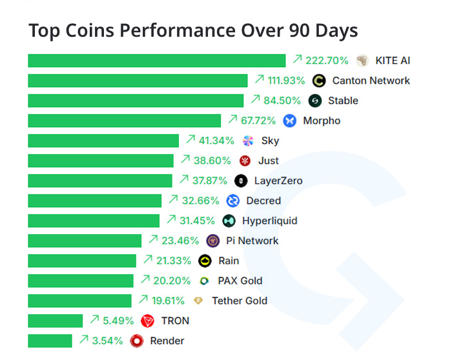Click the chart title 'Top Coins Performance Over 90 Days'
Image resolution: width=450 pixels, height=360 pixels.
pyautogui.click(x=193, y=31)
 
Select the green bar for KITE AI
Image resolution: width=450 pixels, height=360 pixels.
pyautogui.click(x=156, y=61)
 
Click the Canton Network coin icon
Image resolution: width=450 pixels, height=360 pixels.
pyautogui.click(x=318, y=81)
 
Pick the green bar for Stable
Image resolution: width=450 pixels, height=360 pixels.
pyautogui.click(x=136, y=101)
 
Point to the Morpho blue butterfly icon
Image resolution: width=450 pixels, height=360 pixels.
pyautogui.click(x=290, y=121)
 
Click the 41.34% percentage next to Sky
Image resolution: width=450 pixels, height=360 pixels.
pyautogui.click(x=216, y=141)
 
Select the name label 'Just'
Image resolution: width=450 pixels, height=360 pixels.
pyautogui.click(x=269, y=161)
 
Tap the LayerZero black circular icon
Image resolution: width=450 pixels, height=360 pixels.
pyautogui.click(x=241, y=181)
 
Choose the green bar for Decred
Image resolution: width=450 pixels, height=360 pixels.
pyautogui.click(x=94, y=201)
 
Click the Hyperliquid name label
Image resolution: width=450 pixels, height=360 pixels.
pyautogui.click(x=269, y=221)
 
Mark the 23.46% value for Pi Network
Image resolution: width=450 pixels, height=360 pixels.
pyautogui.click(x=180, y=241)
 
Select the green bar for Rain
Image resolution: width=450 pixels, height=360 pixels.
pyautogui.click(x=82, y=261)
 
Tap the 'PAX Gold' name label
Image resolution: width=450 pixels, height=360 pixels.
pyautogui.click(x=240, y=281)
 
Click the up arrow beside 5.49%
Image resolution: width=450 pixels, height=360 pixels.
pyautogui.click(x=94, y=320)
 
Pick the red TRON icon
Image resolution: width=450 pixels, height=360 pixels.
pyautogui.click(x=148, y=321)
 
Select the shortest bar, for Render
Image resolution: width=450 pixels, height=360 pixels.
pyautogui.click(x=50, y=341)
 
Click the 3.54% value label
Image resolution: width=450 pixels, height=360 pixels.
pyautogui.click(x=107, y=341)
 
